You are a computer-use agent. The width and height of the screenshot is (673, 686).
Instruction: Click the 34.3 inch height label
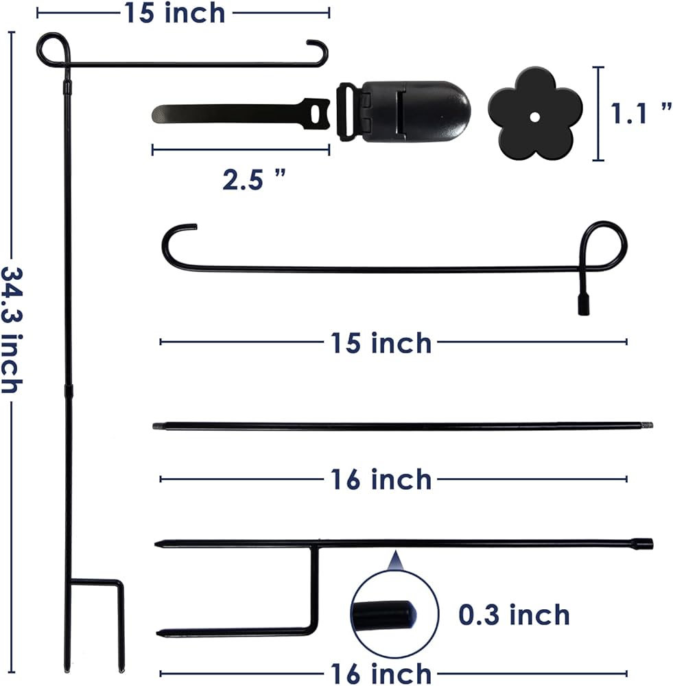[x=12, y=330]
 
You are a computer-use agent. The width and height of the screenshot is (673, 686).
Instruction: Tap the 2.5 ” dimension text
[x=254, y=179]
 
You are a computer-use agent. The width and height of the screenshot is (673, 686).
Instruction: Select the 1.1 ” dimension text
[x=641, y=113]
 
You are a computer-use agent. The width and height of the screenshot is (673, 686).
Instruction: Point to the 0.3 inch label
[x=514, y=615]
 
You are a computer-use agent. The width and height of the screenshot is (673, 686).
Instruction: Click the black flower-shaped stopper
[x=535, y=114]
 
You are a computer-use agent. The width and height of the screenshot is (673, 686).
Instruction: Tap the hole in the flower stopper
[x=534, y=117]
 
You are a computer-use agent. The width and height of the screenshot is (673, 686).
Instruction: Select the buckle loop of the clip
[x=348, y=112]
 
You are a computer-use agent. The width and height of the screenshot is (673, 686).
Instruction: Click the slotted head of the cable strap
[x=315, y=114]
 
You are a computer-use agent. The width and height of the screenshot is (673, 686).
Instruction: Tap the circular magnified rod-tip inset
[x=394, y=614]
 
